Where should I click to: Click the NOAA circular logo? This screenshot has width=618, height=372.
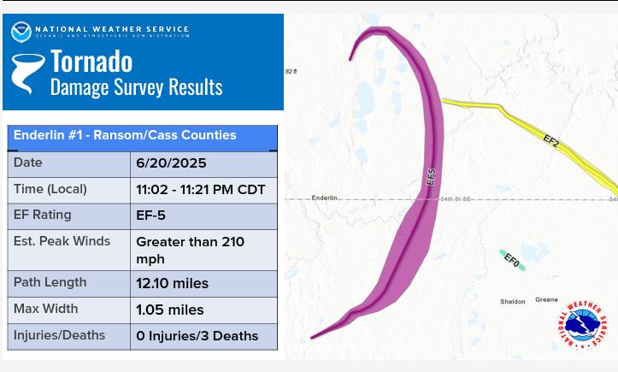[x=21, y=32]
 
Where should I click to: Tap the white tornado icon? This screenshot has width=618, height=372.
[x=27, y=73]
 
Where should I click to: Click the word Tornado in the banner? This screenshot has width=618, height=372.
[x=91, y=61]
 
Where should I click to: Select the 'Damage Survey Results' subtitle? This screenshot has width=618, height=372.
[x=136, y=86]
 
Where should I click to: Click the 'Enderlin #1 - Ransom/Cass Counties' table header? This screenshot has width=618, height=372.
[x=125, y=135]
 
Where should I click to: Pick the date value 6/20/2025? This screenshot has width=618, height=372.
[x=171, y=163]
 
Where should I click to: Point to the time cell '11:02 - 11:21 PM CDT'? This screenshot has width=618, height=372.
[x=201, y=190]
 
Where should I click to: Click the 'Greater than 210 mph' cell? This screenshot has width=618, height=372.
[x=191, y=250]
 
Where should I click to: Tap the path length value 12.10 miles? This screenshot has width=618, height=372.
[x=173, y=283]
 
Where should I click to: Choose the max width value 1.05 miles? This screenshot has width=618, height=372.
[x=170, y=310]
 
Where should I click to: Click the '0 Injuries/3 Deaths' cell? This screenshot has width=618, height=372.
[x=197, y=336]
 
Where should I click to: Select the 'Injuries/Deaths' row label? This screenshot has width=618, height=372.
[x=59, y=335]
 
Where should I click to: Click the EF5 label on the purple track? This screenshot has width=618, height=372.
[x=431, y=178]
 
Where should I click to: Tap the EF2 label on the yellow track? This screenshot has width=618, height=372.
[x=550, y=140]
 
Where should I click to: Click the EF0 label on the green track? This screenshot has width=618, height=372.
[x=511, y=259]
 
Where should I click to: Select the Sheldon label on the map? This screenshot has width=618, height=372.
[x=513, y=302]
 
